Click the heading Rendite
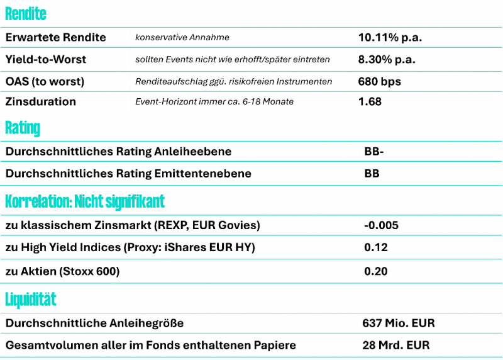tap(25, 14)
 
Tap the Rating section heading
tap(22, 128)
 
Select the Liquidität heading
tap(30, 300)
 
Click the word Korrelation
tap(37, 202)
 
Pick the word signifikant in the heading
tap(135, 202)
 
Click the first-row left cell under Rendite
tap(65, 37)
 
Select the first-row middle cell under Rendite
tap(241, 37)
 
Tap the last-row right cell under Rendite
tap(428, 101)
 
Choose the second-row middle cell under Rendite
tap(241, 59)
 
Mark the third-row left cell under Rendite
tap(65, 81)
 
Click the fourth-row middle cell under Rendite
tap(241, 101)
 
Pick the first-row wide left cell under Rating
tap(180, 151)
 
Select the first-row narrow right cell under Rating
tap(431, 151)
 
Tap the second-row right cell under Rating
tap(431, 173)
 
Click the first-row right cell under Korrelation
tap(431, 225)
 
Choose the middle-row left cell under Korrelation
tap(180, 247)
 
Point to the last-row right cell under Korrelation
tap(431, 271)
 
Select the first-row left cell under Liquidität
tap(179, 322)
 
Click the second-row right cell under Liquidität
tap(430, 345)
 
